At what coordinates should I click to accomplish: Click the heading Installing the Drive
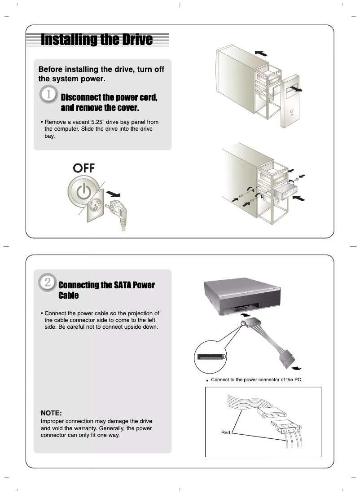97,40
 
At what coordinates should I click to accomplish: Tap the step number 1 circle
48,96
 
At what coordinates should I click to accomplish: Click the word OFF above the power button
84,168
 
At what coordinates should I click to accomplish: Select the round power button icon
83,191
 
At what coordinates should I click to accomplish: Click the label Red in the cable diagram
225,432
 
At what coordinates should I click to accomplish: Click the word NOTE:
51,413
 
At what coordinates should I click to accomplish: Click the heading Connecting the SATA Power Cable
106,290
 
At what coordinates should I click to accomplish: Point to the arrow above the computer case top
260,53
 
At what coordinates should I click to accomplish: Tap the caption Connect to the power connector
256,380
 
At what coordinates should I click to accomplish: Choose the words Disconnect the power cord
109,97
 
